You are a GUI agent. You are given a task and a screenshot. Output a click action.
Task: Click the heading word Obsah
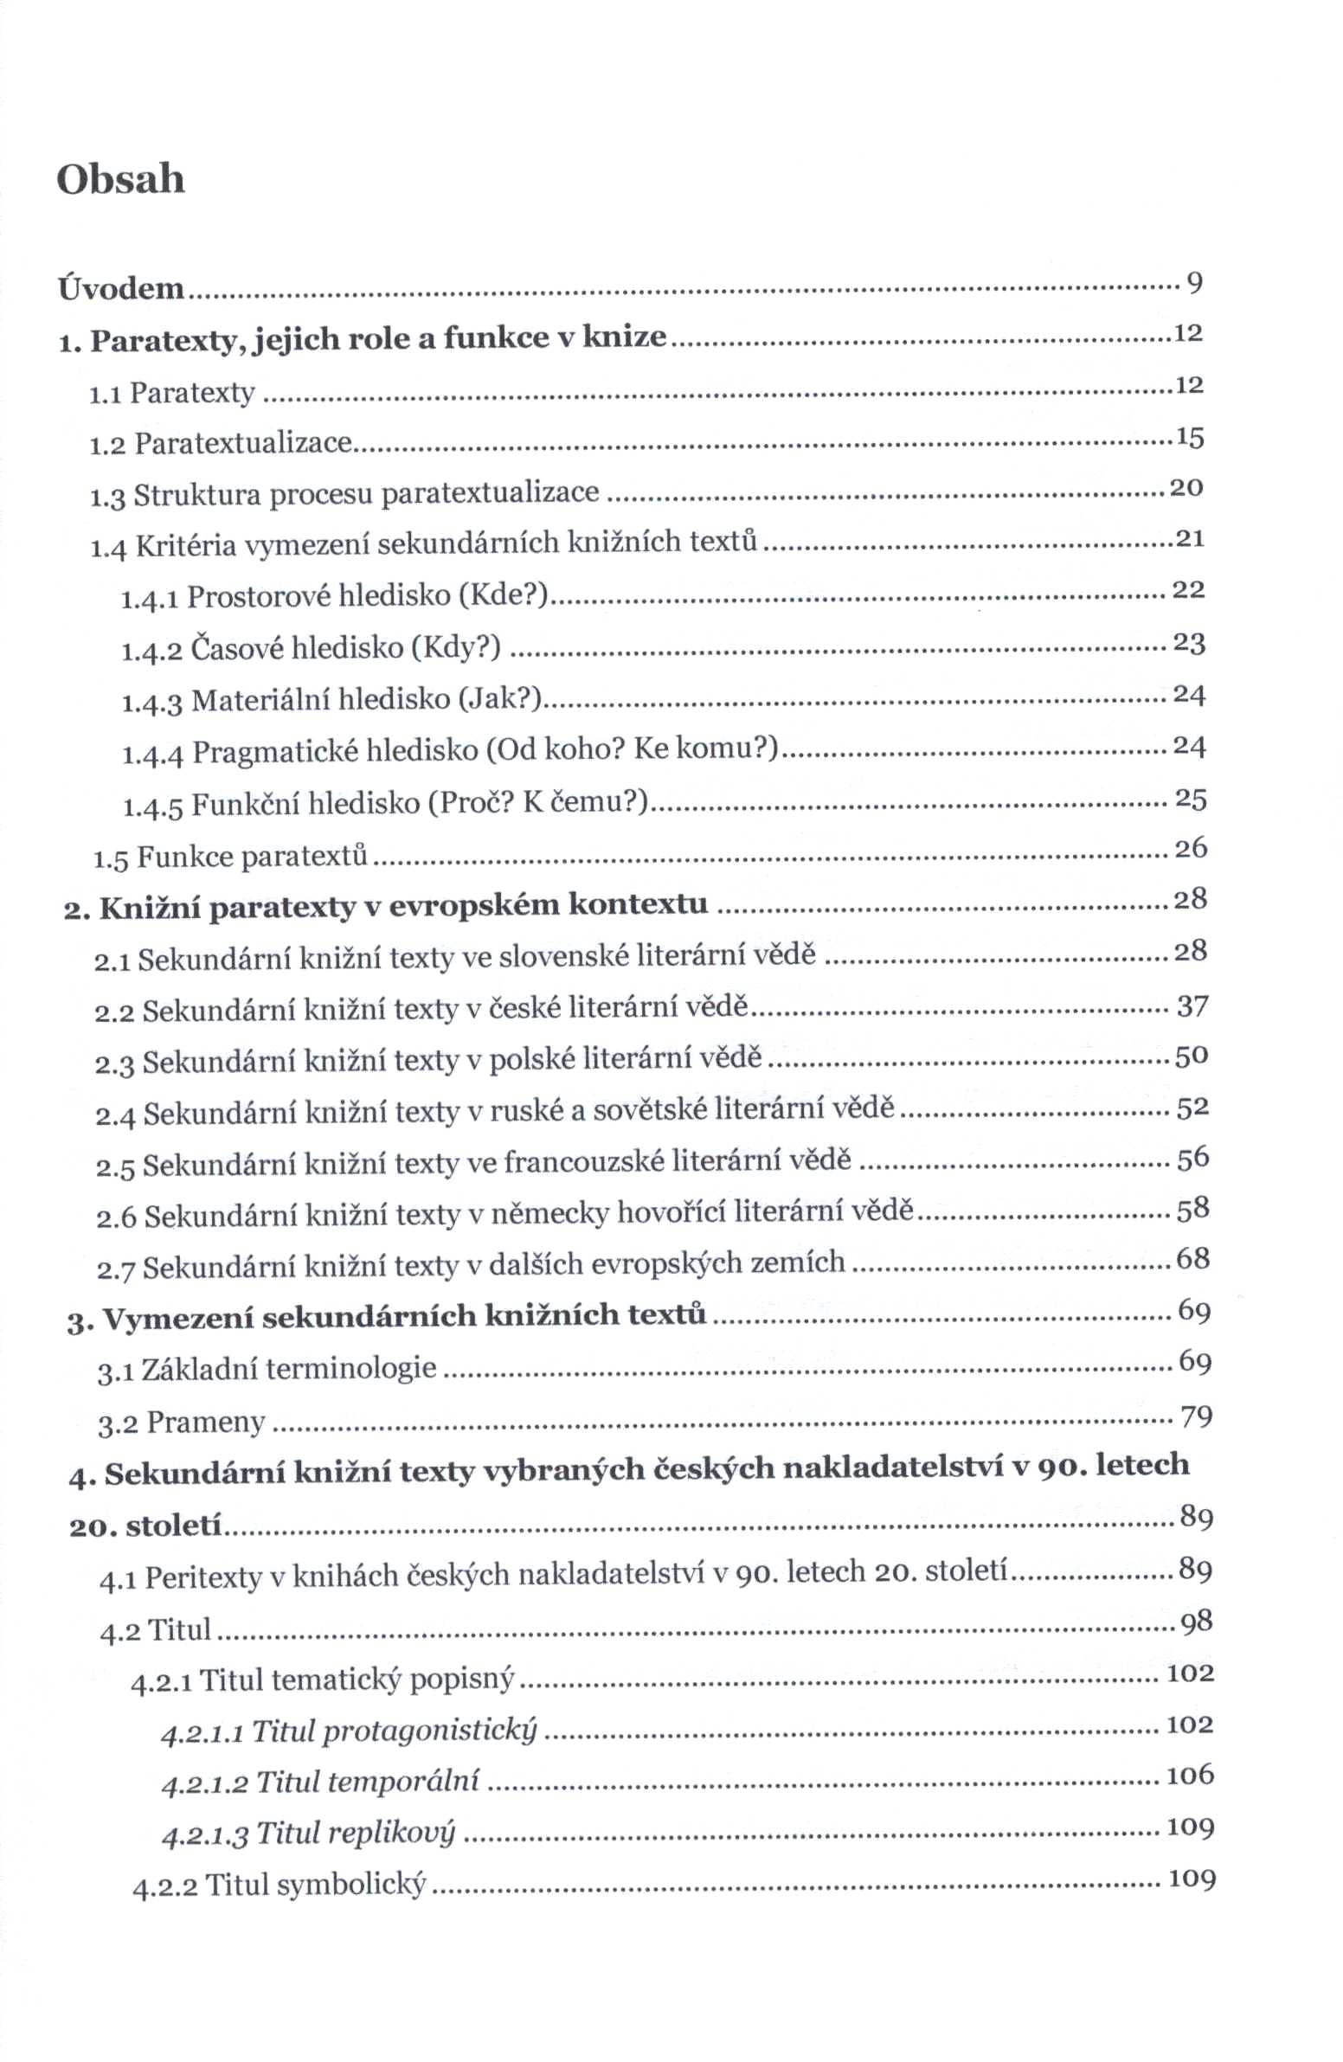pyautogui.click(x=120, y=179)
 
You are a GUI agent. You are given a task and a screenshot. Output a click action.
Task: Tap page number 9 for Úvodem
pyautogui.click(x=1194, y=282)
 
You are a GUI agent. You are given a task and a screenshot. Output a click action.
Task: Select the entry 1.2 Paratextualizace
pyautogui.click(x=221, y=444)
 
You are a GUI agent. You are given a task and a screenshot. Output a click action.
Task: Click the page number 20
pyautogui.click(x=1186, y=488)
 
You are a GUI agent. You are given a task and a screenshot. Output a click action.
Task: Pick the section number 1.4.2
pyautogui.click(x=151, y=650)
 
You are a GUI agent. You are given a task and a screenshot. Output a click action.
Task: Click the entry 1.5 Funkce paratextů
pyautogui.click(x=230, y=857)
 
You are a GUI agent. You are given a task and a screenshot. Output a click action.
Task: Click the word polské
pyautogui.click(x=531, y=1060)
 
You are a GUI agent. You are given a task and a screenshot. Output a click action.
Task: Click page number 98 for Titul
pyautogui.click(x=1196, y=1622)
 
